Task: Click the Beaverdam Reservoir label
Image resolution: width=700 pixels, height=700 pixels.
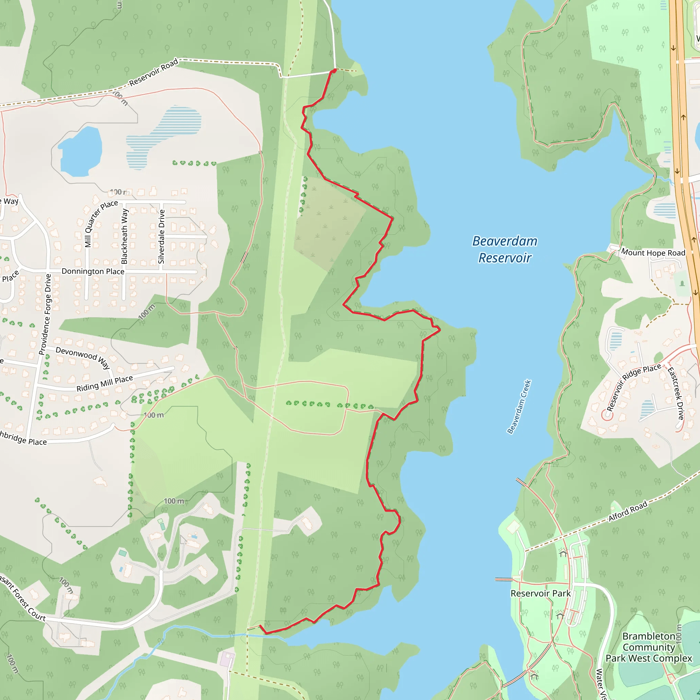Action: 504,249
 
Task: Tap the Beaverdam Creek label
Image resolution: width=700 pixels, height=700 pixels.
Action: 519,406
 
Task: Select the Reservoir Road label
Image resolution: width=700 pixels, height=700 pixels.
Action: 153,72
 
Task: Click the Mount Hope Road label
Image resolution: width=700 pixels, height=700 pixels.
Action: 653,253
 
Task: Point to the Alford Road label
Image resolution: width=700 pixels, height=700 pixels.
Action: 628,512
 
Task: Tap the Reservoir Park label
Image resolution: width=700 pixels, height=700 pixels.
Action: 540,593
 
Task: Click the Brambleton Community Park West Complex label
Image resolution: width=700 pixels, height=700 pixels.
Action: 648,647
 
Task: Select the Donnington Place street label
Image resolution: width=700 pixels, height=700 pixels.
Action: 93,271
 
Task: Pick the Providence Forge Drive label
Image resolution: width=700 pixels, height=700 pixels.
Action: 46,314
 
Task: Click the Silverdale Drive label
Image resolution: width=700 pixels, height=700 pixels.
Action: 162,237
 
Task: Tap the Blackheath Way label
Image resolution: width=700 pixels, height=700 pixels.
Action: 124,236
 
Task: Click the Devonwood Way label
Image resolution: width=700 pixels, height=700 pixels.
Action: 83,357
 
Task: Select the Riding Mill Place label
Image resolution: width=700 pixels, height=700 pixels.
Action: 104,384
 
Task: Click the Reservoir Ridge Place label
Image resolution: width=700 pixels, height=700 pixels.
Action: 634,387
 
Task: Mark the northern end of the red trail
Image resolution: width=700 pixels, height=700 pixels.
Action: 334,71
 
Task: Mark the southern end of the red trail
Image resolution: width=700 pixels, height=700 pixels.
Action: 260,625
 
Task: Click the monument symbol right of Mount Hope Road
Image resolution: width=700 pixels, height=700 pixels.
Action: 682,283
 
